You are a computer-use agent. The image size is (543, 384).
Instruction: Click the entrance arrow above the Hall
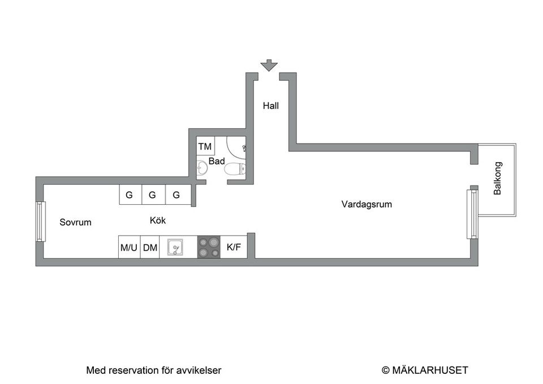point(269,65)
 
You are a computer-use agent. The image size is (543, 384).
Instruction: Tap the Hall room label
point(270,106)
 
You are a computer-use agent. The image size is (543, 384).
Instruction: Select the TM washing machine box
point(205,146)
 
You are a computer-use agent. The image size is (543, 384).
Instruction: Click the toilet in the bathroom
point(234,169)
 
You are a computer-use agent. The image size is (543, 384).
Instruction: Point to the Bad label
point(217,161)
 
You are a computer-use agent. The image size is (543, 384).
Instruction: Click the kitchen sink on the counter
point(175,247)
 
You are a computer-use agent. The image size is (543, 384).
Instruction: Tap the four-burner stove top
point(209,247)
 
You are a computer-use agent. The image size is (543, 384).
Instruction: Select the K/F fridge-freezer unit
point(234,247)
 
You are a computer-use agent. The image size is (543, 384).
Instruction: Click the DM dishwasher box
point(150,247)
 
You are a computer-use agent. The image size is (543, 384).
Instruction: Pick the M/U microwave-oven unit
point(129,247)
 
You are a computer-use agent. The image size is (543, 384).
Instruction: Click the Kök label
point(158,221)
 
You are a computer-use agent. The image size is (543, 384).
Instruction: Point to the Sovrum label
point(75,222)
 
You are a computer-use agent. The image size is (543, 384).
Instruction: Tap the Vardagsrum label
point(367,204)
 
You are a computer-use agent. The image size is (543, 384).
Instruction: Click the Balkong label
point(497,178)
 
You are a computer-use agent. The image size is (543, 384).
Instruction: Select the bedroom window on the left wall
point(41,222)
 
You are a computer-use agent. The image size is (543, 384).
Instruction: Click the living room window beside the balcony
point(472,214)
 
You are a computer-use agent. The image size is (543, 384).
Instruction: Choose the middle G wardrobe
point(152,195)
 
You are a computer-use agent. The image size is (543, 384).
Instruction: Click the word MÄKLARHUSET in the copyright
point(430,370)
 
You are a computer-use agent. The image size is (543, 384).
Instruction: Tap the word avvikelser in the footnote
point(199,370)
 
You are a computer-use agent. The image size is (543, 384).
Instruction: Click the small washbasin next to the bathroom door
point(202,169)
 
